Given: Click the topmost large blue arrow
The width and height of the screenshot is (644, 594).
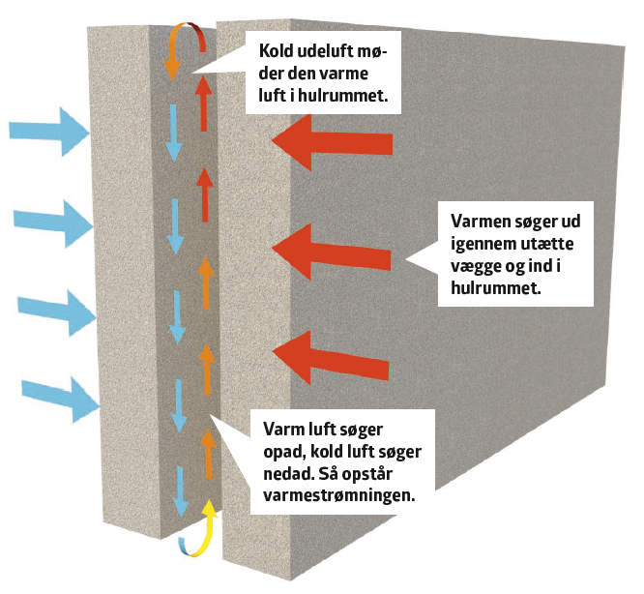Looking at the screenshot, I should pos(48,132).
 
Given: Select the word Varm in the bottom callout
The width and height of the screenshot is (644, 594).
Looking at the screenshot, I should pos(272,429).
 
